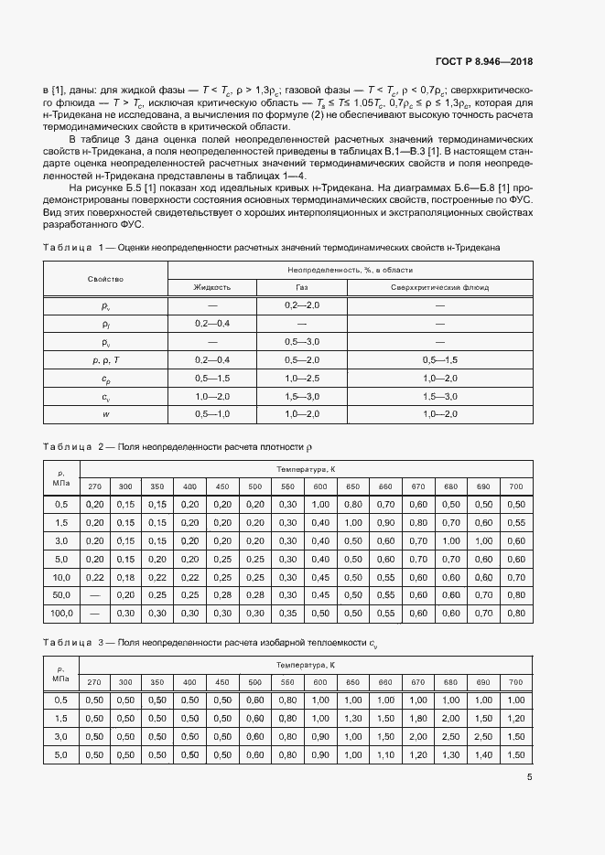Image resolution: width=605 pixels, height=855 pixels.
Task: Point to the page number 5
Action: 530,777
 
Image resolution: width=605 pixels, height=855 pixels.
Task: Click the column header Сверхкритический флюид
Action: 439,286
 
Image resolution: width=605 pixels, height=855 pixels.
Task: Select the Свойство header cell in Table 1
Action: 105,278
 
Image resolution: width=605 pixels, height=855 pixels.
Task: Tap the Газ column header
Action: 302,286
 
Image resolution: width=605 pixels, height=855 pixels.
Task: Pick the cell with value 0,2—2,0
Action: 302,305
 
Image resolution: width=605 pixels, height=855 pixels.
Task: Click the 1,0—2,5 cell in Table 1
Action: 302,378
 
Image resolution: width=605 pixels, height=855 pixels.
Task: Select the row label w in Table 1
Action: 105,414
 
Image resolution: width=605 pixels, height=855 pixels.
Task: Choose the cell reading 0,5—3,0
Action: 302,341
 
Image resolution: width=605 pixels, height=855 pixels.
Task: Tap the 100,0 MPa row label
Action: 61,613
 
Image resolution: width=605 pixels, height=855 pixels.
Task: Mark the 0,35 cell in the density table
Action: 287,613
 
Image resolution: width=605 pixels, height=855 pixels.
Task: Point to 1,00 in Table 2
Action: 320,504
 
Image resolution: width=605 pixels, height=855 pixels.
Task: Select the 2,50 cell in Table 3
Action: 449,736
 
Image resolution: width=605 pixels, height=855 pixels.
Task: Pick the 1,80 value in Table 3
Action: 417,718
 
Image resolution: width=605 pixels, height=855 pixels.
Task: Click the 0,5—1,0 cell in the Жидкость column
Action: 211,414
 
